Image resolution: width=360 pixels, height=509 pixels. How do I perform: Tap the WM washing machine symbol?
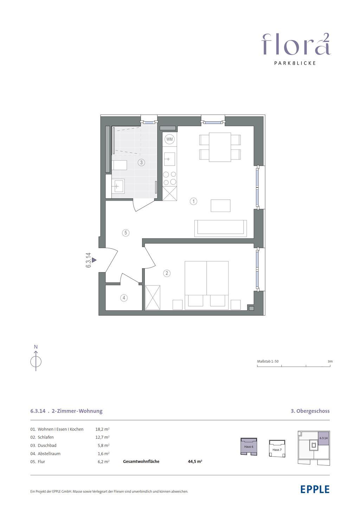(x=169, y=139)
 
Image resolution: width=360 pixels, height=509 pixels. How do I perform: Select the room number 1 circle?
(x=193, y=201)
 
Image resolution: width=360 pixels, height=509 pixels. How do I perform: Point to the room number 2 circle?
(x=167, y=273)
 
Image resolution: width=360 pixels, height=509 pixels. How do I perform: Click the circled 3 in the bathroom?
(x=141, y=162)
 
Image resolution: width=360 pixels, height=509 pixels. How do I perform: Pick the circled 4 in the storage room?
(x=124, y=298)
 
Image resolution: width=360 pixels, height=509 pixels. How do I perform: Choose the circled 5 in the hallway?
(x=126, y=233)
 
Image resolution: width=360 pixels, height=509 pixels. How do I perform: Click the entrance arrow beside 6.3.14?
(x=94, y=260)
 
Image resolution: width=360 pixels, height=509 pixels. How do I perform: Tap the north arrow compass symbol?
(x=36, y=361)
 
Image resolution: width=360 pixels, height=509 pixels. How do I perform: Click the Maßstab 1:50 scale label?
(x=268, y=361)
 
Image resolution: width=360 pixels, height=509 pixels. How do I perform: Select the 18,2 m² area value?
(x=102, y=429)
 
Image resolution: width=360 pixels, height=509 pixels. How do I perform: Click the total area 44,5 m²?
(x=195, y=462)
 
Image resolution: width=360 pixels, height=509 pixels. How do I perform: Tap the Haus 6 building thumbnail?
(x=249, y=446)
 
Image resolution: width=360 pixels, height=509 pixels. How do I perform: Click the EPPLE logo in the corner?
(x=315, y=489)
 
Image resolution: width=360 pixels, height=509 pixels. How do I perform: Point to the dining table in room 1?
(x=220, y=147)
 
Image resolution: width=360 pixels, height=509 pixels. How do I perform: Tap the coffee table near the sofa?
(x=220, y=206)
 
